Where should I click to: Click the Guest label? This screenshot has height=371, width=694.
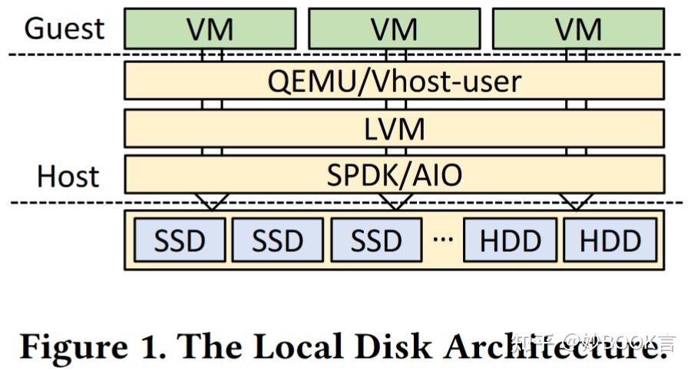pos(64,28)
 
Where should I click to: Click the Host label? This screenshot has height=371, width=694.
pos(68,176)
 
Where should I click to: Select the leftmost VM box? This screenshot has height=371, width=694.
pos(210,28)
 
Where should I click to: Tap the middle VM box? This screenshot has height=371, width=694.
pos(394,28)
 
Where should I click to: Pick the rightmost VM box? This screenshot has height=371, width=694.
pos(578,28)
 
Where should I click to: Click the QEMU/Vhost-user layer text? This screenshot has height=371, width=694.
pos(394,81)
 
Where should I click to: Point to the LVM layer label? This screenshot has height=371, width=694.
pos(394,128)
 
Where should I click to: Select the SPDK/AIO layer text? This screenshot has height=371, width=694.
pos(394,175)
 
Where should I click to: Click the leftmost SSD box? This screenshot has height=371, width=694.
pos(180,240)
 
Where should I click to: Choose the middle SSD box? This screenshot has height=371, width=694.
pos(278,240)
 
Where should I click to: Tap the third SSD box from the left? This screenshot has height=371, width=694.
pos(376,240)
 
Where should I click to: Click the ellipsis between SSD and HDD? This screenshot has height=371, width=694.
pos(443,237)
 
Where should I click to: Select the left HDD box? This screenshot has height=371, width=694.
pos(511,240)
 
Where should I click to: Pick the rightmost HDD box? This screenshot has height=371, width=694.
pos(610,240)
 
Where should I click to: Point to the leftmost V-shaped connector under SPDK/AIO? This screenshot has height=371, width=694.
pos(212,201)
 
